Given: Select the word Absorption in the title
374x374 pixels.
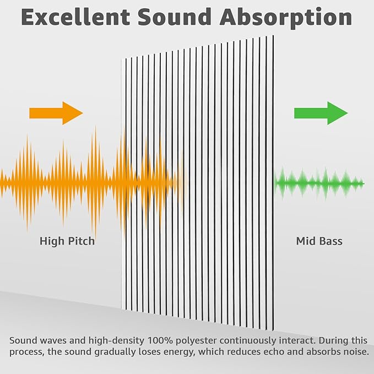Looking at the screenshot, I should point(286,18).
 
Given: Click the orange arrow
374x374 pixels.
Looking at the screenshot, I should point(56,113).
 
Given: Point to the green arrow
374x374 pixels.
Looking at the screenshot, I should point(321,113).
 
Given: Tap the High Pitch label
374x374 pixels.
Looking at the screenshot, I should point(67,241).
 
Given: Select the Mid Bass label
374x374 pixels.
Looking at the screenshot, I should point(319,241).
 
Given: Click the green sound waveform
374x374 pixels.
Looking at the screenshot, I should point(319,183).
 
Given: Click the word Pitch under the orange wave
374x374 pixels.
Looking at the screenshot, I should point(82,241).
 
